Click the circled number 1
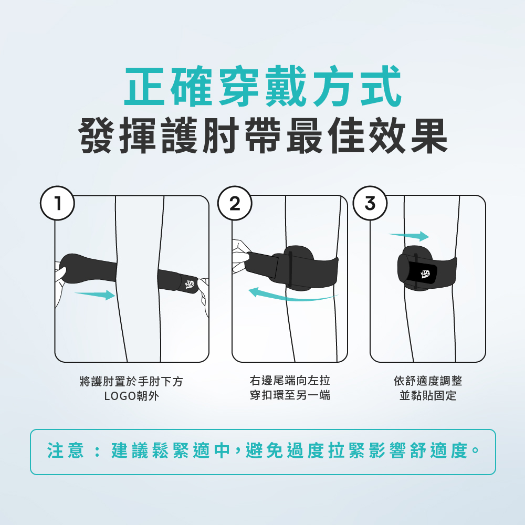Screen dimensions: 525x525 pos(57,203)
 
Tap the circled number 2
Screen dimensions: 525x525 pos(234,203)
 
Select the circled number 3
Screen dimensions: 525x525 pos(370,203)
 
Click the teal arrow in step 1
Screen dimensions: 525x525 pos(94,295)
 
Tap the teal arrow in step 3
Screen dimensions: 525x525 pos(408,236)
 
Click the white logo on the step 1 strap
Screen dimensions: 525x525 pos(190,284)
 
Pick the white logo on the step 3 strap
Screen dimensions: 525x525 pos(425,274)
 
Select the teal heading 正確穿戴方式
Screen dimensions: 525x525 pos(263,86)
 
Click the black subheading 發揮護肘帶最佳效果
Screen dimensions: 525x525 pos(263,135)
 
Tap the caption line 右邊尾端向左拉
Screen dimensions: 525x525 pos(290,380)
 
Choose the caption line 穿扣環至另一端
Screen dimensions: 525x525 pos(290,395)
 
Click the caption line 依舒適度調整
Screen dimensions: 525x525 pos(428,381)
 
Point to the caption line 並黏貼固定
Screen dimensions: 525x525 pos(428,395)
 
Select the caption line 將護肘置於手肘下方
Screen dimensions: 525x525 pos(131,381)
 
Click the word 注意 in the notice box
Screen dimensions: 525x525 pos(65,450)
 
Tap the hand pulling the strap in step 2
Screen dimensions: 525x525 pos(240,256)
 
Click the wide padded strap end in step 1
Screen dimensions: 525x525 pos(88,268)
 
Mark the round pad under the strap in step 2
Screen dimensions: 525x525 pos(299,268)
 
